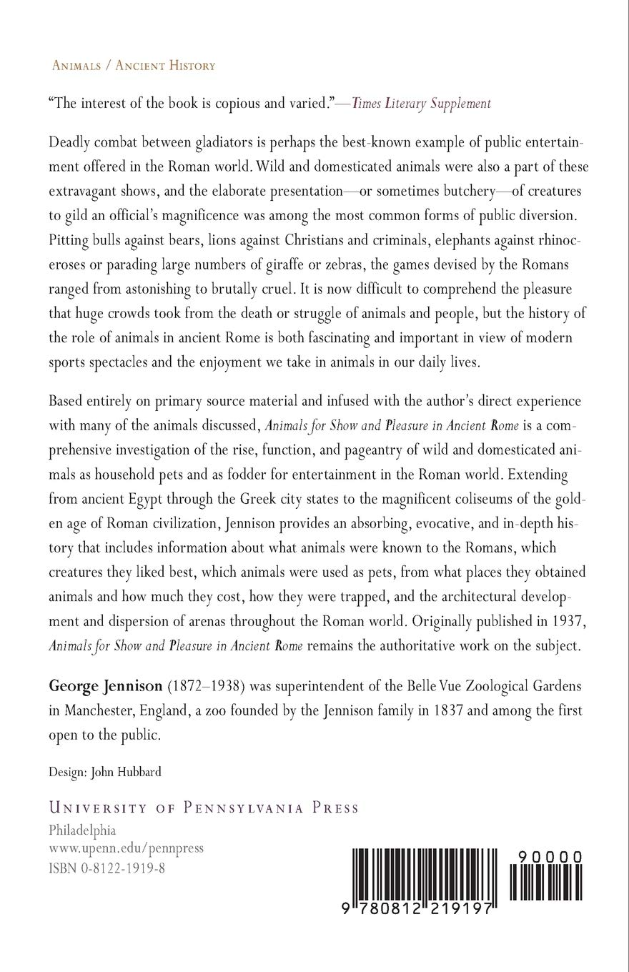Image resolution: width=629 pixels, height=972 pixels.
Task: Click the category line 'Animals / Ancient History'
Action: click(x=134, y=66)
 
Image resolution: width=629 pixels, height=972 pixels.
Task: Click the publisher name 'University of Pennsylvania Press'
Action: click(x=203, y=808)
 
